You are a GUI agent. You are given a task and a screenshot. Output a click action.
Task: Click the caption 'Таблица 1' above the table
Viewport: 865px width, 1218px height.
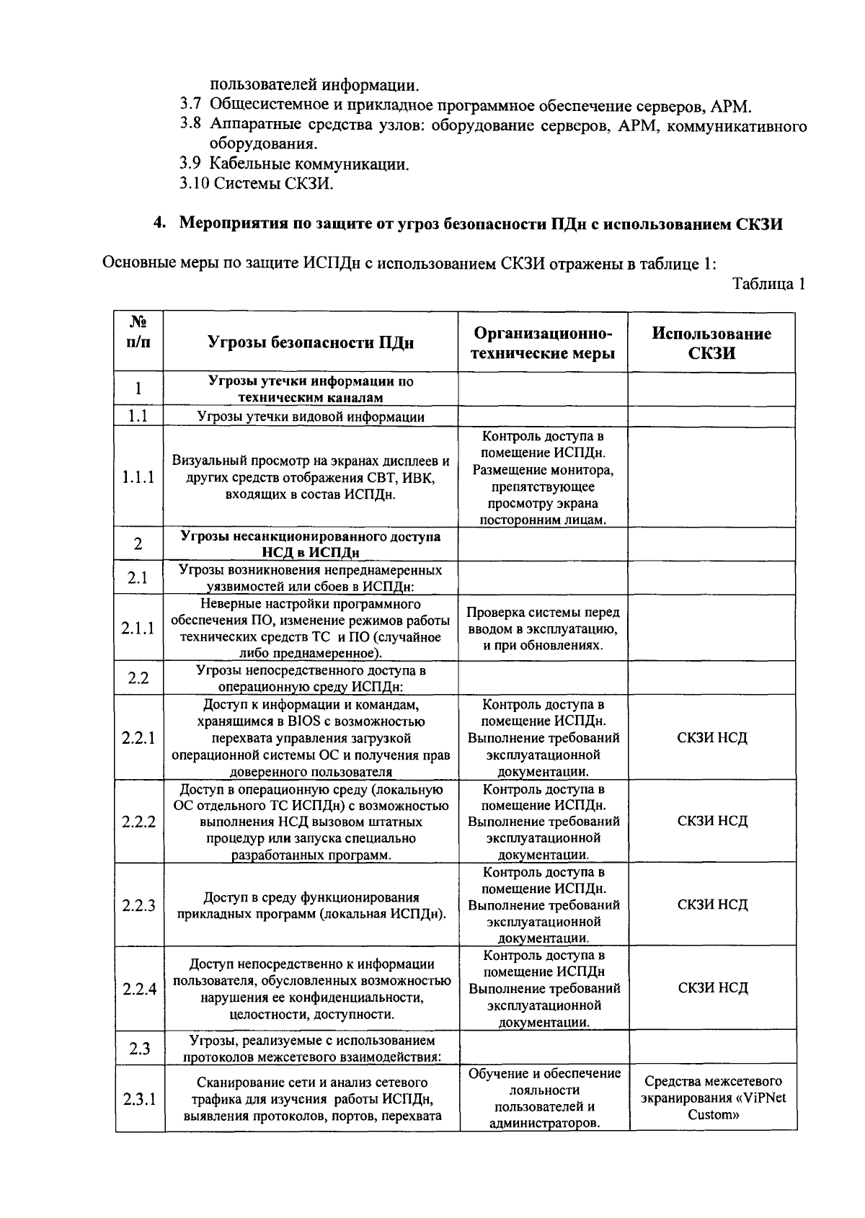tap(768, 284)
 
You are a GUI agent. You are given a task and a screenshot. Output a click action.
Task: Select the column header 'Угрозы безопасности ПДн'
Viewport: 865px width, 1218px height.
tap(311, 343)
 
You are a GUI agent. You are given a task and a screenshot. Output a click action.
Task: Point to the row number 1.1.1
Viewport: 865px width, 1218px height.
tap(138, 477)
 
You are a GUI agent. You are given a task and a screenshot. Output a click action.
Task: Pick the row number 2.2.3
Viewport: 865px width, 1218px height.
tap(138, 905)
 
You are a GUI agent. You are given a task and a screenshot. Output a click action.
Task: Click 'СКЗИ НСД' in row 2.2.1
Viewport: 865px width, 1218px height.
tap(712, 738)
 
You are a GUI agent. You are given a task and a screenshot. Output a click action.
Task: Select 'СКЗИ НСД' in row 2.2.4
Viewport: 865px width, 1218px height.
tap(712, 988)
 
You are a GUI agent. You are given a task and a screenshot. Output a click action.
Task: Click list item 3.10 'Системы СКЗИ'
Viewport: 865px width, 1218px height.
tap(257, 184)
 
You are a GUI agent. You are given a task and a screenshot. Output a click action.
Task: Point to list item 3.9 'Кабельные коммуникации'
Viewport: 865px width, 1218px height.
tap(295, 164)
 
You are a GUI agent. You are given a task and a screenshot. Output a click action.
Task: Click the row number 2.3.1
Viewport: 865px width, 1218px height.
tap(138, 1100)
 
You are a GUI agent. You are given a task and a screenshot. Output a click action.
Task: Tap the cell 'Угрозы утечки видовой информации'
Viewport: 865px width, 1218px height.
tap(311, 417)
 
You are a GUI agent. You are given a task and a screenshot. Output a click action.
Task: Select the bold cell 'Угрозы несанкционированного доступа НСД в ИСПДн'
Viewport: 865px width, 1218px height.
tap(311, 544)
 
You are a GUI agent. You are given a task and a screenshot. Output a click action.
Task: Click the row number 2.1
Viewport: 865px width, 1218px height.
tap(138, 578)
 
